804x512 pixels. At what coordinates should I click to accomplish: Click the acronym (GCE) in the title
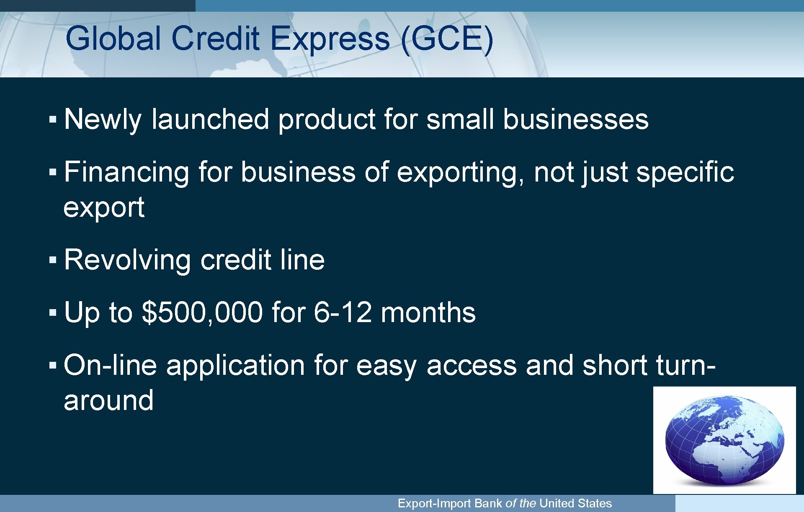(447, 39)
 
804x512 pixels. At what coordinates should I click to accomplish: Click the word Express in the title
(330, 39)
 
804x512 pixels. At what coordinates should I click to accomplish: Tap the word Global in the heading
(113, 39)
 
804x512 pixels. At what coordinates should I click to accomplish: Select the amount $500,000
(203, 312)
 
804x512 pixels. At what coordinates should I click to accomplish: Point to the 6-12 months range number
(343, 312)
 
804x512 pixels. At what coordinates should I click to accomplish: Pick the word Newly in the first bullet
(103, 120)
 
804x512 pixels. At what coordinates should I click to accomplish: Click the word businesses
(575, 120)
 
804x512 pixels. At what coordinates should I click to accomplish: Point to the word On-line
(110, 365)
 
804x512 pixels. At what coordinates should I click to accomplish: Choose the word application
(235, 365)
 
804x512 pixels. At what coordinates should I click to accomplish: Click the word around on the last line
(108, 400)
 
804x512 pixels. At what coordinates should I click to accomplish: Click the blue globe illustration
(724, 439)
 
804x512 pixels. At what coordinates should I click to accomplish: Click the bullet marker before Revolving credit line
(52, 260)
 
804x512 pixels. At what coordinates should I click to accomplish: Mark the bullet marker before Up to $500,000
(52, 312)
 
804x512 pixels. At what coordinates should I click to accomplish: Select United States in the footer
(575, 503)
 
